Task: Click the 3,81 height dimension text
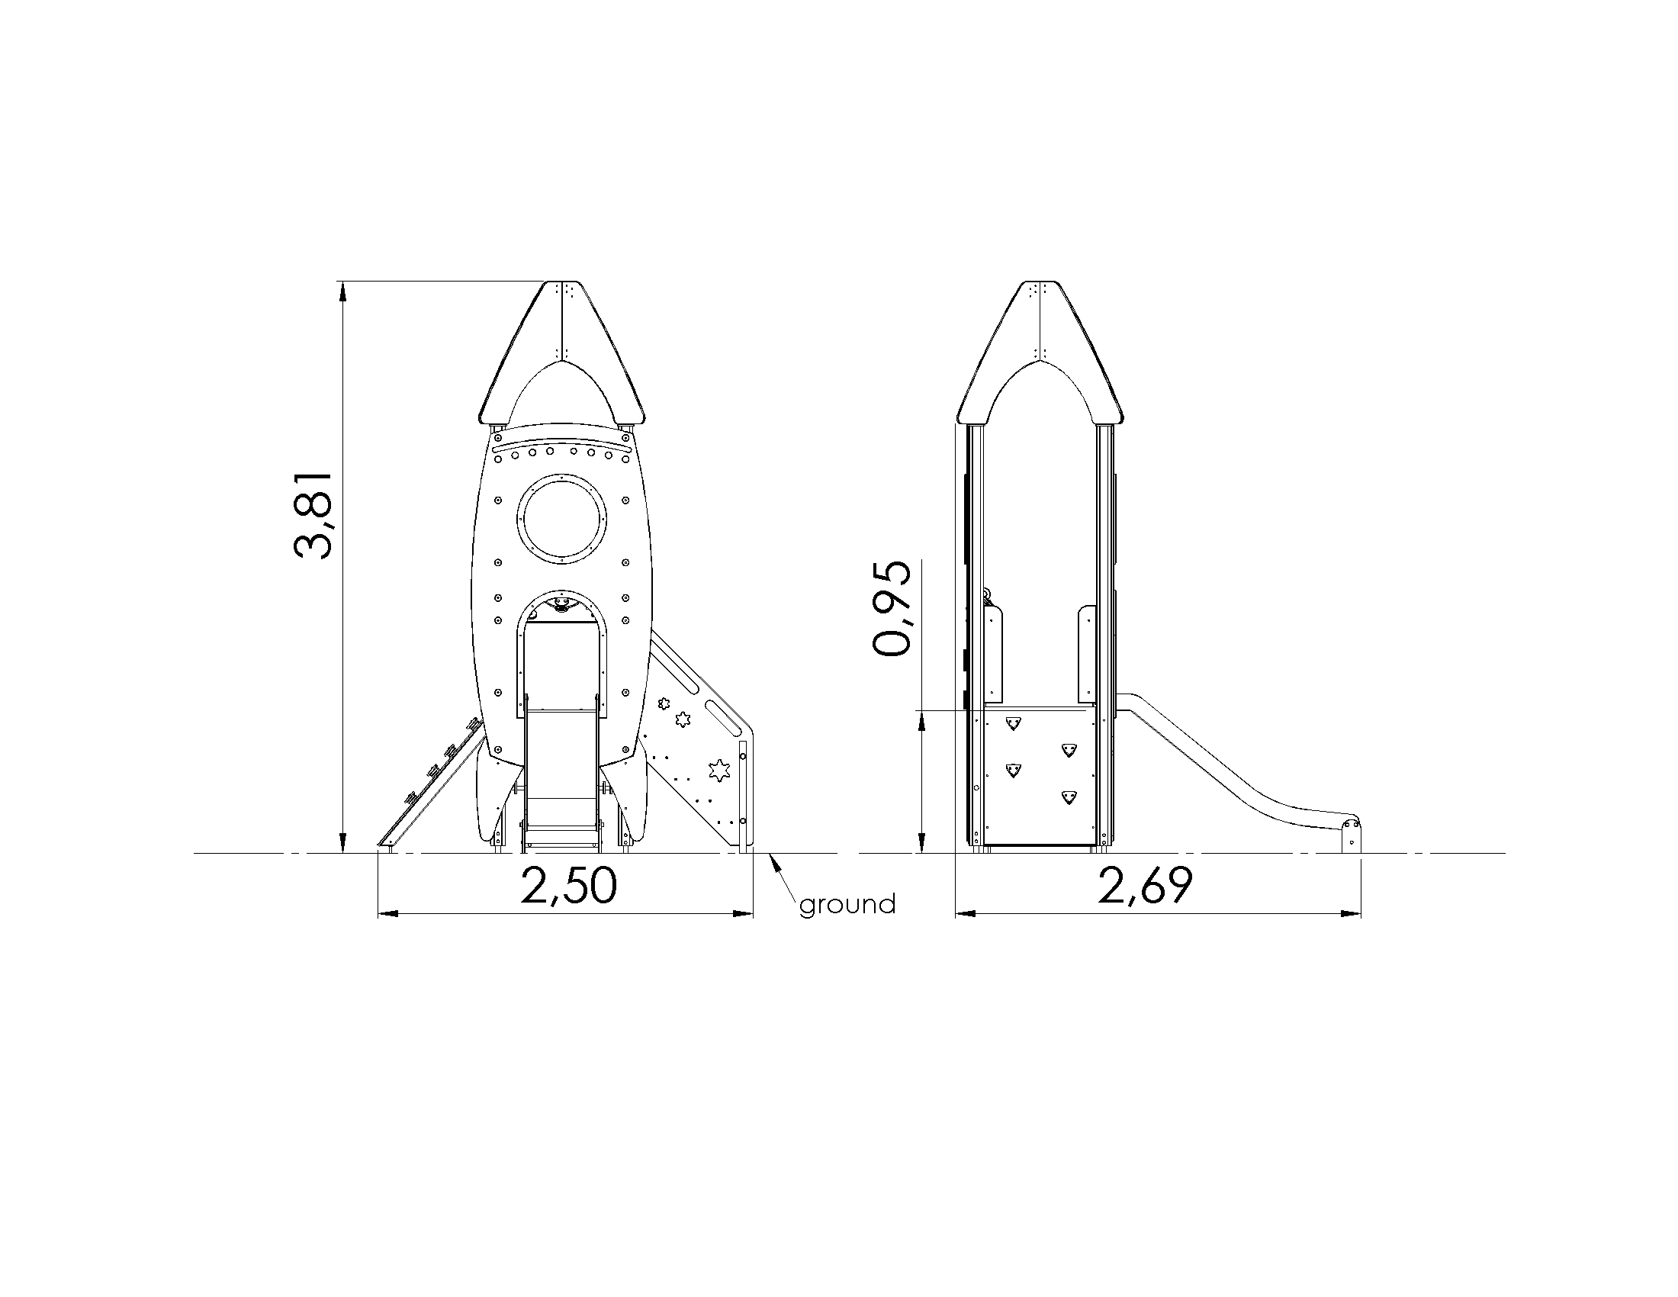click(313, 515)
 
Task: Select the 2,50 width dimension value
click(568, 885)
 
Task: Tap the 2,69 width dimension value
click(1145, 885)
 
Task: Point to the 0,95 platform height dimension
click(892, 608)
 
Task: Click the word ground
click(847, 905)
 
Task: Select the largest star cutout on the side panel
click(718, 770)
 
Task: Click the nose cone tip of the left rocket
click(561, 283)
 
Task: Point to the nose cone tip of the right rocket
click(1040, 283)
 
